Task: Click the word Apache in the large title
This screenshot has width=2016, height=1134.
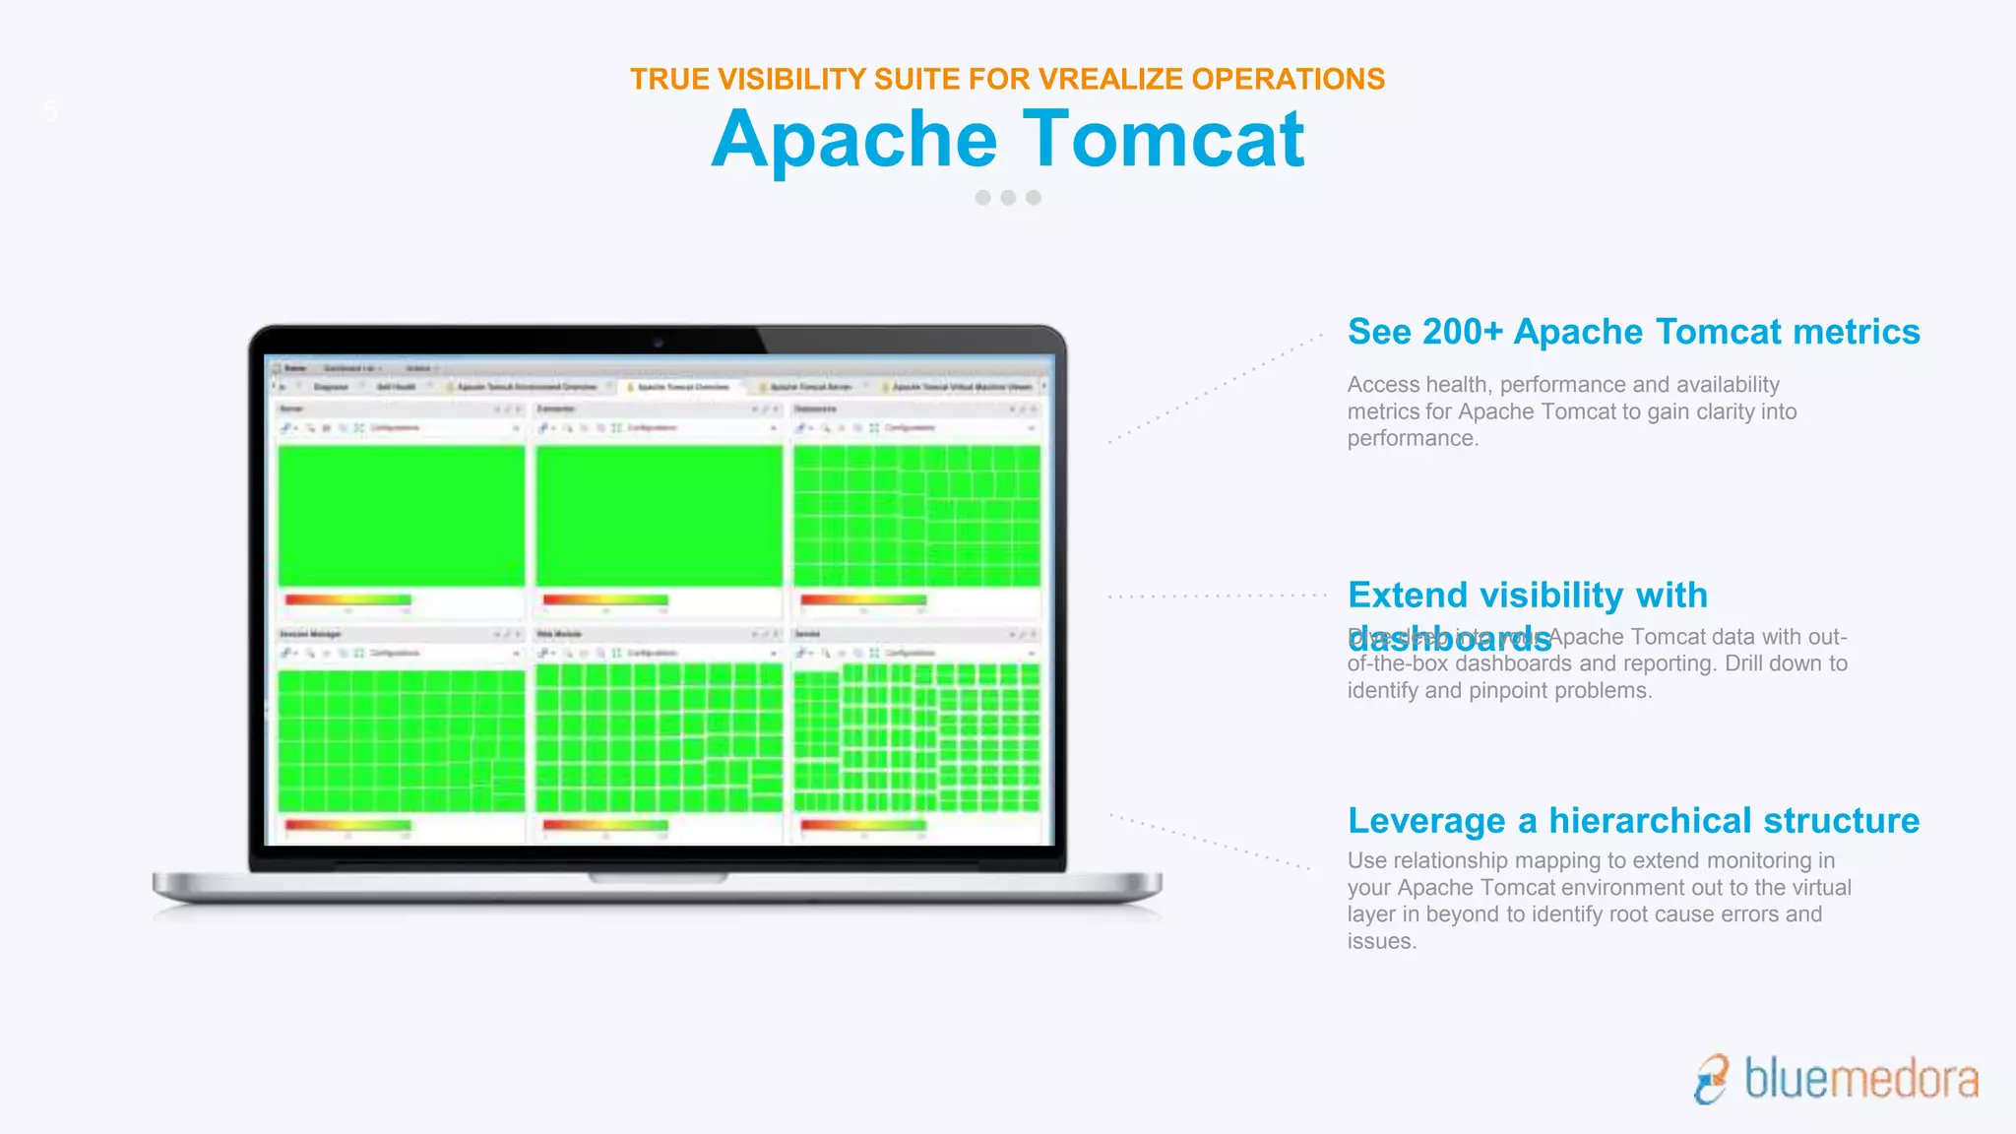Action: point(854,140)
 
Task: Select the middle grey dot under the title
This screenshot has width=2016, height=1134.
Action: point(1008,198)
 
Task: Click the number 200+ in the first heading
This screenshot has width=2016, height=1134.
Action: point(1463,332)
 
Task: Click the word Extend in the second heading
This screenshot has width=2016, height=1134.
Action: point(1408,595)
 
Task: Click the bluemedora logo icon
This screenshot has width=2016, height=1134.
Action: point(1712,1079)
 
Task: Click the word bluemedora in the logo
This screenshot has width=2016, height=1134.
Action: point(1860,1079)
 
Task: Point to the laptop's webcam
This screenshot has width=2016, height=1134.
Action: point(659,343)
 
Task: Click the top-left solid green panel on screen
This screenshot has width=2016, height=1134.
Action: point(402,516)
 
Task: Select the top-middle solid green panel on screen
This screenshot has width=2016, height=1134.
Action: point(659,516)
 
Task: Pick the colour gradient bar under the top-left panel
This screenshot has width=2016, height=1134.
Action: point(348,599)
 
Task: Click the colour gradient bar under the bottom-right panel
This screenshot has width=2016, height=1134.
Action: point(863,825)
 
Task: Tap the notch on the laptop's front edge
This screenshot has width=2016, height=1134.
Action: point(658,876)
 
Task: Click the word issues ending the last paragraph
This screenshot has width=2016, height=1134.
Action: point(1381,941)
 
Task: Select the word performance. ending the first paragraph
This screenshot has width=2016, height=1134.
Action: point(1413,438)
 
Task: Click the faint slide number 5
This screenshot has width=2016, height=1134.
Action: point(50,111)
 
